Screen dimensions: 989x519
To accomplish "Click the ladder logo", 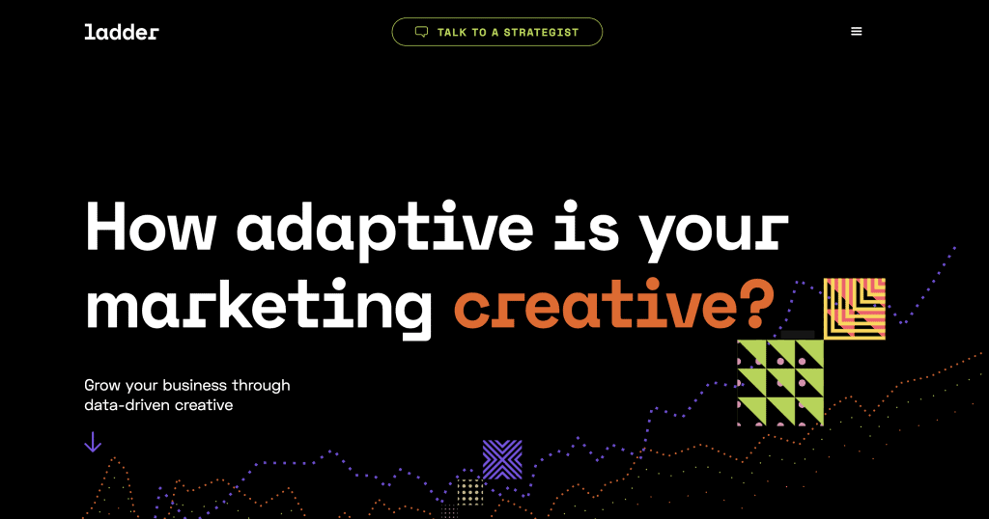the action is pos(122,32).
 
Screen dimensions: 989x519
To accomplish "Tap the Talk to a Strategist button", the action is pos(497,32).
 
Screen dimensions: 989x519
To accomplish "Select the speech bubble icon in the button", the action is pos(421,32).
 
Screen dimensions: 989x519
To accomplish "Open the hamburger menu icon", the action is pos(856,32).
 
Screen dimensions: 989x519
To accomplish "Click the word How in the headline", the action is pos(151,227).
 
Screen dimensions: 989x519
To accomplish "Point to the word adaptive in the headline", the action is pos(384,231).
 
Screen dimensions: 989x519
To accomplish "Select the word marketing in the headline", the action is pos(259,309).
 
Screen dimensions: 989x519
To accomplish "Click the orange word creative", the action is pos(595,305).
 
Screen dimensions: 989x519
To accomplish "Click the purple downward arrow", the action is pos(93,442).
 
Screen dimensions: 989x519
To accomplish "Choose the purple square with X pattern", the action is pos(502,459).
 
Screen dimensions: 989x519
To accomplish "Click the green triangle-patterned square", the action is pos(780,382).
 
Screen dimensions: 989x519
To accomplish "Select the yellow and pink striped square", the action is pos(855,309).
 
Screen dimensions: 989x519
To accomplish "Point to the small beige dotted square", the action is pos(470,492).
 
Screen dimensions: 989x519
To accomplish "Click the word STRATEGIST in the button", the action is pos(541,32).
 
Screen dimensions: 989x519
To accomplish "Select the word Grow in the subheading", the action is pos(102,385).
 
